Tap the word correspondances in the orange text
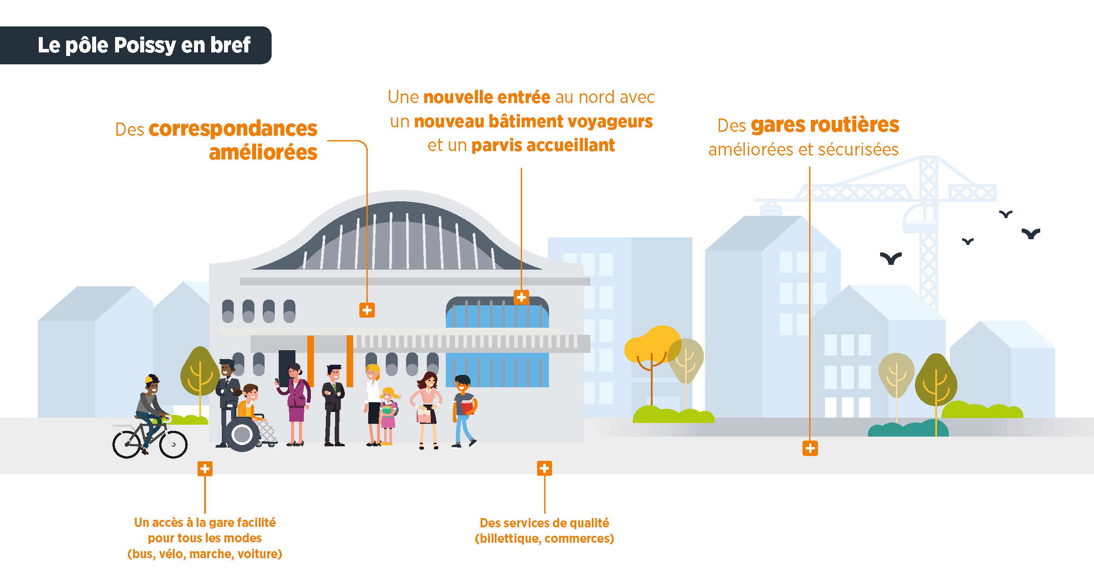click(x=233, y=129)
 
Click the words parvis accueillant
click(x=543, y=145)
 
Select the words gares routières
click(x=825, y=125)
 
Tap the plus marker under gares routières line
click(x=810, y=448)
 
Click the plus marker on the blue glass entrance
click(x=521, y=297)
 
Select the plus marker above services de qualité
click(x=544, y=468)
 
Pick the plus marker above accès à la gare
click(x=205, y=469)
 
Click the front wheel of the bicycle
click(x=173, y=445)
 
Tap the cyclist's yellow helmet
click(x=151, y=379)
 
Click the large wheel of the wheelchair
click(x=242, y=435)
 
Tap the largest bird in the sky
click(x=891, y=258)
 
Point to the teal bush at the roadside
click(x=908, y=429)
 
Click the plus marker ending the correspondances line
click(x=367, y=310)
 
